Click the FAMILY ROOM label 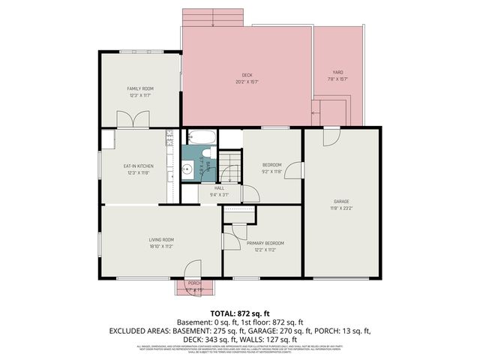pyautogui.click(x=139, y=88)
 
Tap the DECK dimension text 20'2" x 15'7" pyautogui.click(x=247, y=82)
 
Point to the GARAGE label pyautogui.click(x=341, y=201)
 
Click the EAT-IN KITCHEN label pyautogui.click(x=139, y=166)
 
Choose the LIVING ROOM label pyautogui.click(x=161, y=240)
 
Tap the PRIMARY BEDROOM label pyautogui.click(x=265, y=243)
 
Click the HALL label pyautogui.click(x=219, y=188)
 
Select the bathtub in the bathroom pyautogui.click(x=202, y=138)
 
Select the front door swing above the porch pyautogui.click(x=193, y=268)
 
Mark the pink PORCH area pyautogui.click(x=194, y=286)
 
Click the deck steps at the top pyautogui.click(x=214, y=17)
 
